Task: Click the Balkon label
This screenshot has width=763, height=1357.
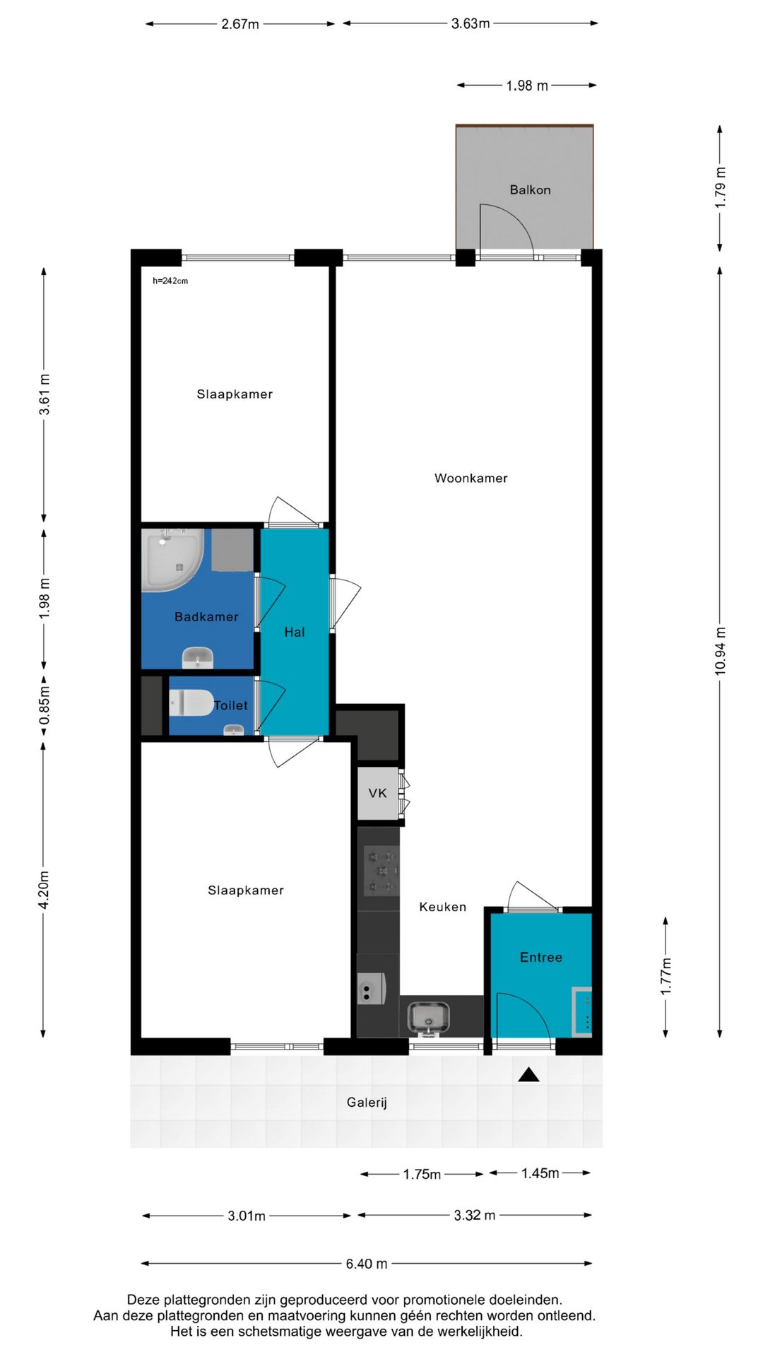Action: coord(530,189)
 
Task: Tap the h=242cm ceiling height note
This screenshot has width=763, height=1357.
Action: coord(170,281)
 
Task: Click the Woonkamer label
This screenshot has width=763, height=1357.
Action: coord(471,478)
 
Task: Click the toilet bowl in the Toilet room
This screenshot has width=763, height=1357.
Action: coord(191,703)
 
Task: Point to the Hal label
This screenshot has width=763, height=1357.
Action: coord(295,632)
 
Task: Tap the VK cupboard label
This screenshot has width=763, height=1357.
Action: coord(378,793)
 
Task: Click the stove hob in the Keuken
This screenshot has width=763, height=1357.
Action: coord(381,870)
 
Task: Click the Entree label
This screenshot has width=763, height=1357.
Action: coord(541,957)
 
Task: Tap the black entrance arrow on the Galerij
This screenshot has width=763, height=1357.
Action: coord(528,1075)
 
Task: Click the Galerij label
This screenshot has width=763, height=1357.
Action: coord(367,1102)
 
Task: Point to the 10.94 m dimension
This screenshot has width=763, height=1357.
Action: coord(720,651)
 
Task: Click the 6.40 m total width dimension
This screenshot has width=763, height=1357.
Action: coord(367,1264)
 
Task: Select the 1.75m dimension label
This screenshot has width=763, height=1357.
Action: coord(422,1174)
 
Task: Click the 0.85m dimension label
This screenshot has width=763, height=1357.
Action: coord(44,705)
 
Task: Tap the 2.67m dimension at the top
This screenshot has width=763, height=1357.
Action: coord(240,24)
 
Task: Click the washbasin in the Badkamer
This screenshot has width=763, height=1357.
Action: coord(197,657)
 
